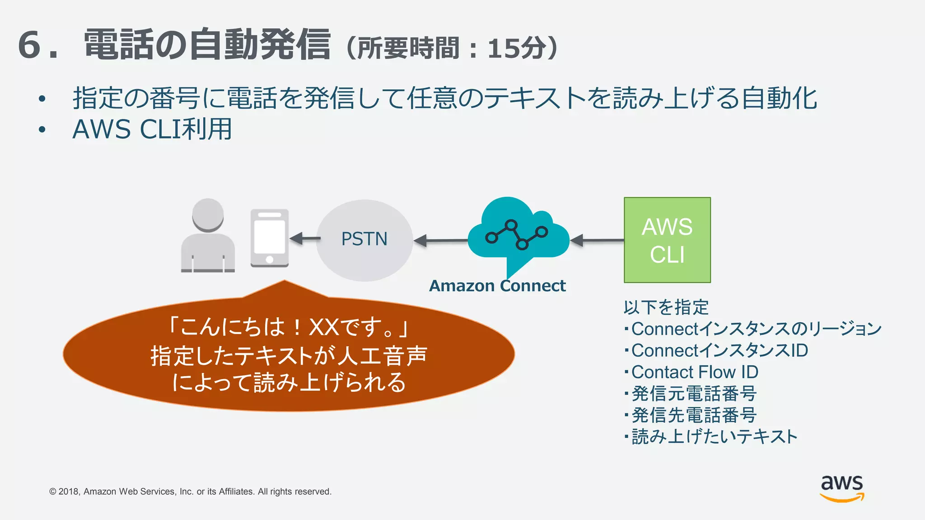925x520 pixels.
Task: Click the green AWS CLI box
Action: coord(667,240)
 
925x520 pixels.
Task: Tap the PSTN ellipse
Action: coord(364,240)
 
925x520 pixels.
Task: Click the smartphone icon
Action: coord(270,238)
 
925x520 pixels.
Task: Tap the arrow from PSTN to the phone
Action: coord(304,238)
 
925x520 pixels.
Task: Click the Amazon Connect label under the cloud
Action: coord(497,286)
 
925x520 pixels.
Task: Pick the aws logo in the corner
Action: coord(841,487)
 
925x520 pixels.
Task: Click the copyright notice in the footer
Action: coord(190,492)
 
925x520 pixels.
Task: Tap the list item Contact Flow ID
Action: coord(694,372)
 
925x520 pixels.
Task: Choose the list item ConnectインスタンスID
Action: coord(719,350)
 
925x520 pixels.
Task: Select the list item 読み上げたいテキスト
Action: coord(714,436)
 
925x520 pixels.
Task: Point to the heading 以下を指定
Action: coord(666,307)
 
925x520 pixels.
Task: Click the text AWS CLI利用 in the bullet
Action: coord(152,130)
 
